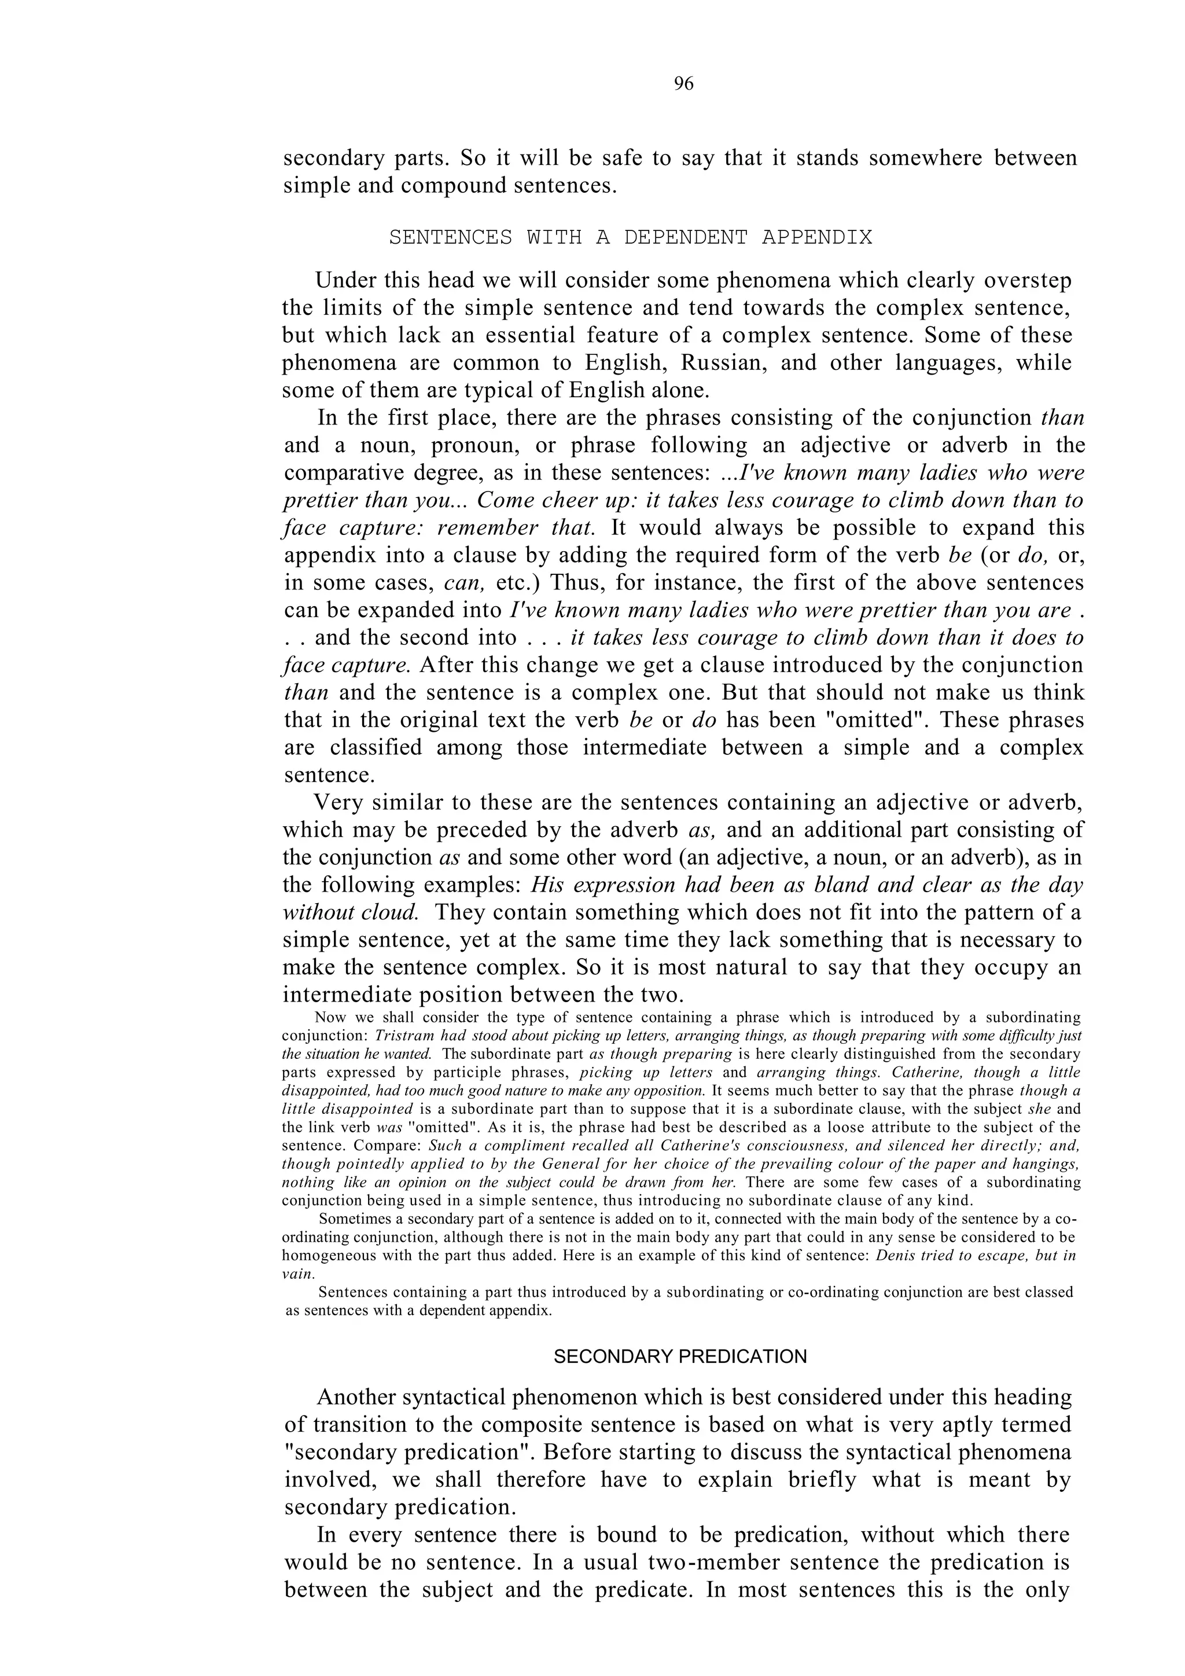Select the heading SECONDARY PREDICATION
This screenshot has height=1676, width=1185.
click(x=680, y=1356)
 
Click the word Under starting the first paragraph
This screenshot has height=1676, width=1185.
click(x=344, y=280)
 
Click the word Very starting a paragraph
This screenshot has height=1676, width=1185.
click(x=338, y=803)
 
